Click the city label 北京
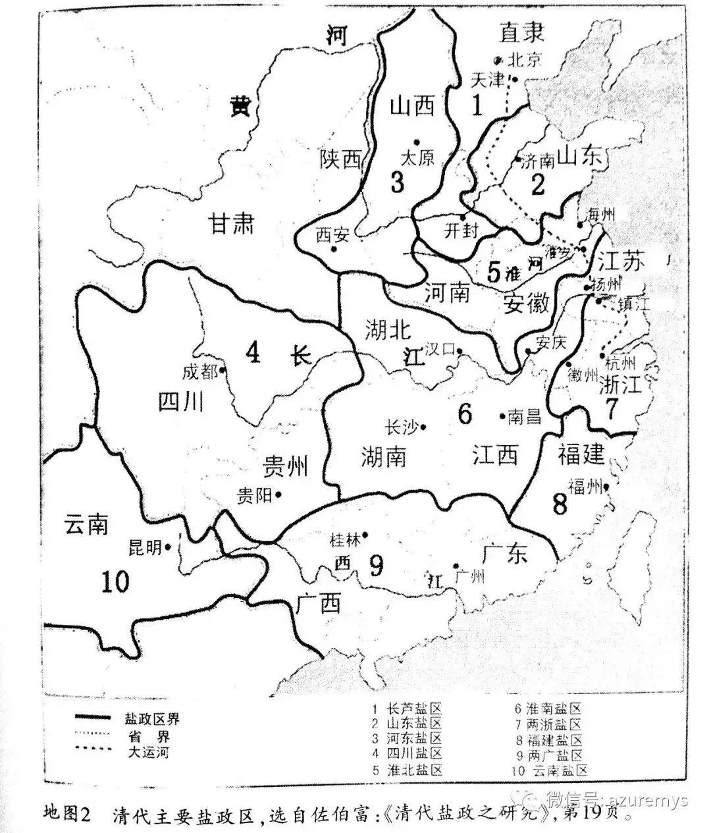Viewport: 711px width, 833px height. pyautogui.click(x=525, y=59)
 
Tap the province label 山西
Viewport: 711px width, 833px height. pyautogui.click(x=413, y=105)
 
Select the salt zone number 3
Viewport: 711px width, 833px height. pyautogui.click(x=397, y=182)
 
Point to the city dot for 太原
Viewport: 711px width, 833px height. pyautogui.click(x=416, y=142)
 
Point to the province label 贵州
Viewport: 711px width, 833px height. pyautogui.click(x=284, y=467)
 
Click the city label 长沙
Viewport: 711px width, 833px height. pyautogui.click(x=401, y=427)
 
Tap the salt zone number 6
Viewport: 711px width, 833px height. pyautogui.click(x=465, y=415)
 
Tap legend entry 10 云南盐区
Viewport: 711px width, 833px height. pyautogui.click(x=548, y=770)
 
